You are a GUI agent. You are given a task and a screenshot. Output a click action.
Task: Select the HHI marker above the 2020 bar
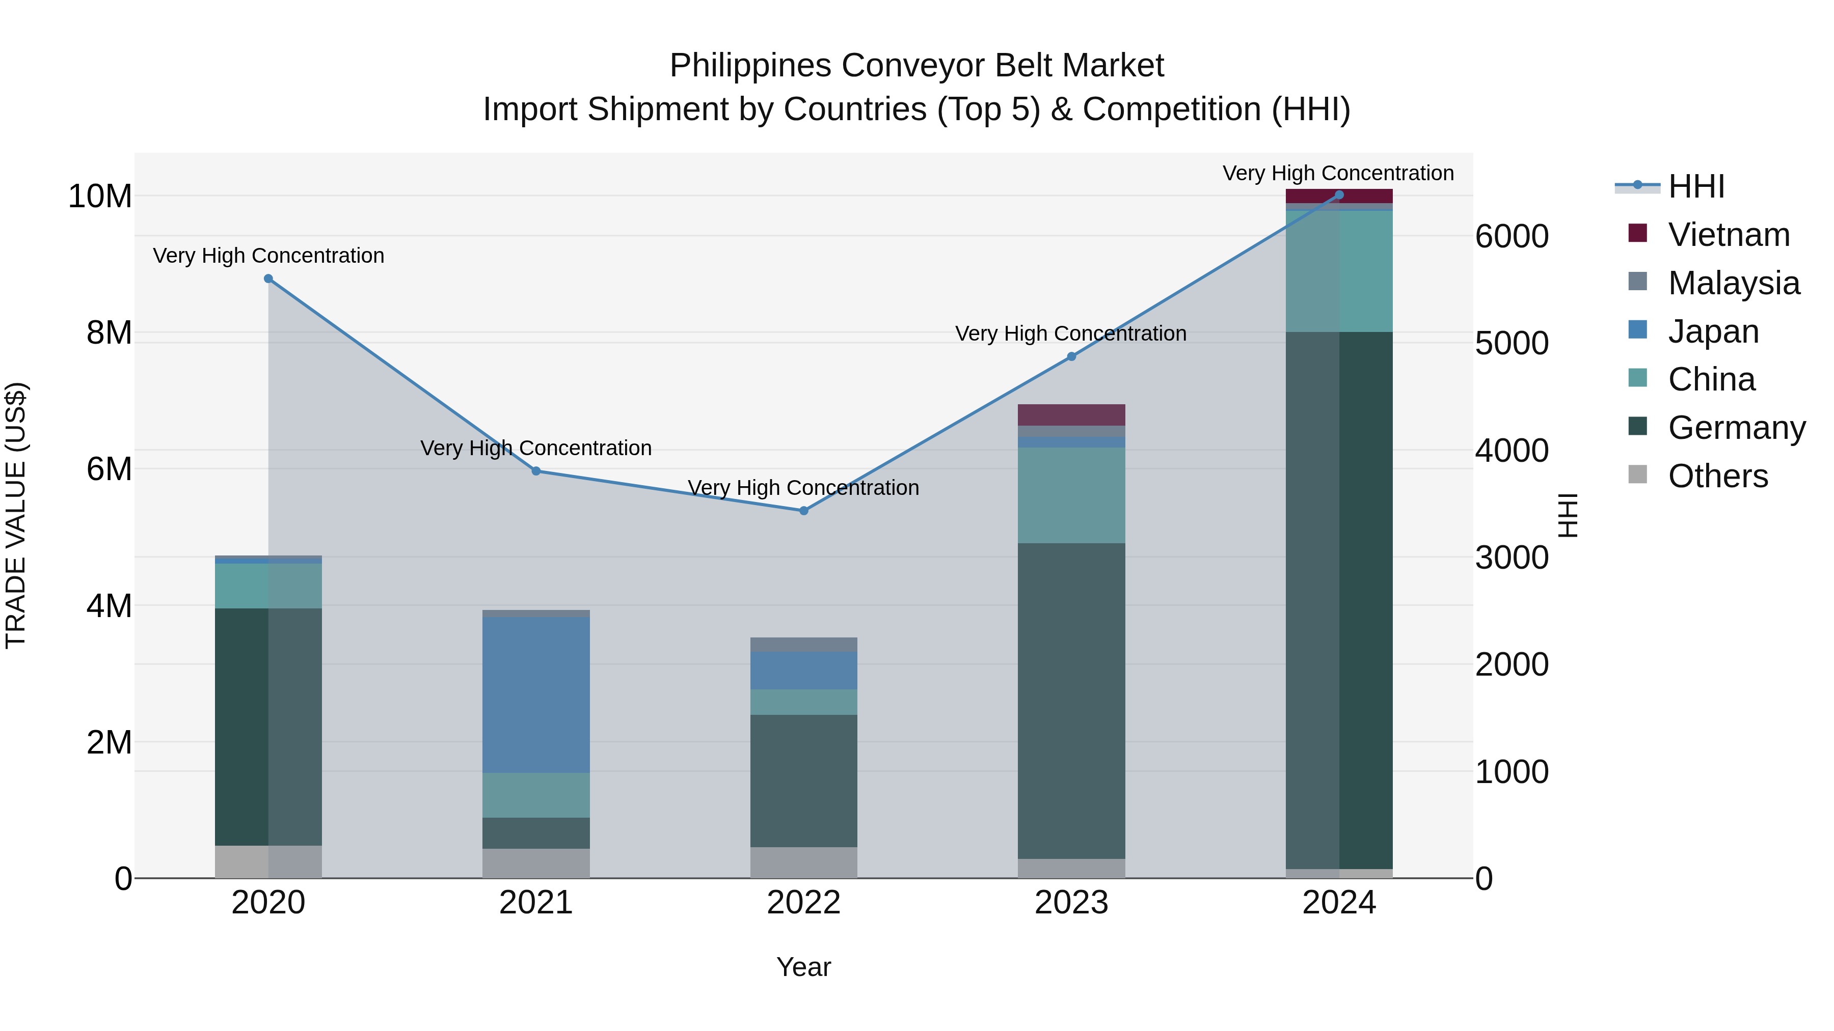[x=268, y=279]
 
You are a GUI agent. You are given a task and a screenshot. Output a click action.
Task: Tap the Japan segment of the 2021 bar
[x=536, y=694]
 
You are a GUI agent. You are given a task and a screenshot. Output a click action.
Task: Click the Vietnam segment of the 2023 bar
[x=1071, y=415]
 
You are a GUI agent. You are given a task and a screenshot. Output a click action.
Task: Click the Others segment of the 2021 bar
[x=536, y=862]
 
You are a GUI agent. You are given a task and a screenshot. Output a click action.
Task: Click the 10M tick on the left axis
[x=100, y=197]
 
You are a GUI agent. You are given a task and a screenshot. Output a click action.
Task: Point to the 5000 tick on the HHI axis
[x=1511, y=344]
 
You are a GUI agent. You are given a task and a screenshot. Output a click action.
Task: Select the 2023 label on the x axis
[x=1071, y=903]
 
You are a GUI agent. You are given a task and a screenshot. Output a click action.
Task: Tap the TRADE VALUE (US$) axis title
[x=16, y=515]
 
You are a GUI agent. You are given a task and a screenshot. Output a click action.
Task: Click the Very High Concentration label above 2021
[x=536, y=448]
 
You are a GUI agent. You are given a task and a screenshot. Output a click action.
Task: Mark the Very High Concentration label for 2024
[x=1338, y=173]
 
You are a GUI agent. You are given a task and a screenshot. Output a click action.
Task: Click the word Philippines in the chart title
[x=750, y=66]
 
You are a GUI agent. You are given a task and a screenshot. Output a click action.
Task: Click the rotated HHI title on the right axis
[x=1568, y=515]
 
